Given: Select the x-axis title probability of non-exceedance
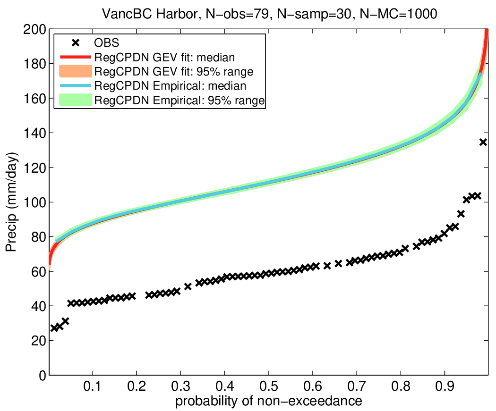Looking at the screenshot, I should tap(268, 401).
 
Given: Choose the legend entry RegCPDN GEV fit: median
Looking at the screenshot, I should tap(165, 58).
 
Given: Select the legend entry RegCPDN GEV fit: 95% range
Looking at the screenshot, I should tap(174, 72).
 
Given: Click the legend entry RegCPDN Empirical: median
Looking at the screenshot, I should tap(170, 86).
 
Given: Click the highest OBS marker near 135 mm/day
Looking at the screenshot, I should tap(483, 142).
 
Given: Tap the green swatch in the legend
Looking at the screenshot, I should tap(75, 100).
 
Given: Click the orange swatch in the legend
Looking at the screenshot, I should tap(75, 72).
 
